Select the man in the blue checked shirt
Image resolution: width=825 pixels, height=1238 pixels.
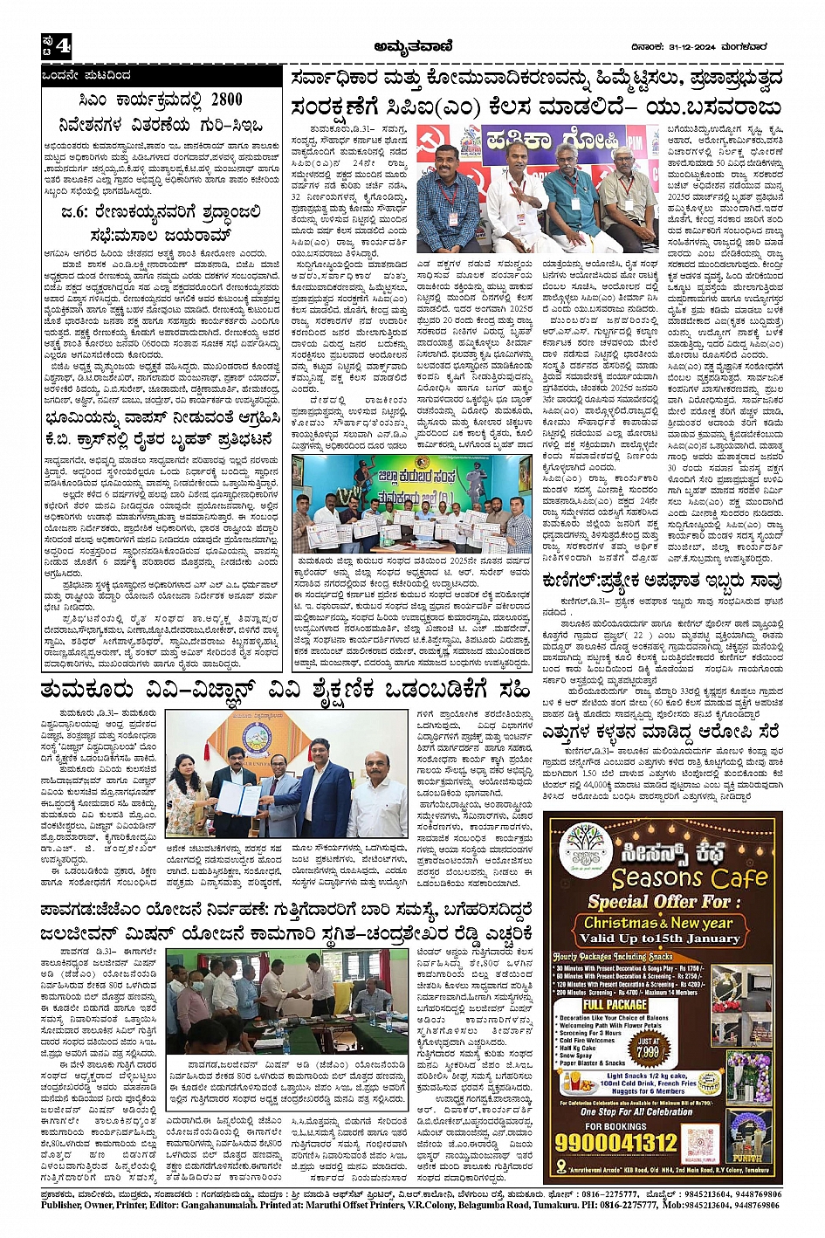pyautogui.click(x=447, y=203)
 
